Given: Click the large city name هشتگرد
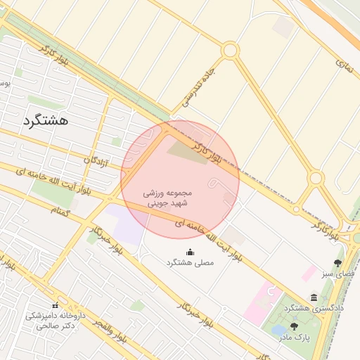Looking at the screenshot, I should click(46, 120).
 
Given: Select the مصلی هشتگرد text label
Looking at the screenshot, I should click(190, 262).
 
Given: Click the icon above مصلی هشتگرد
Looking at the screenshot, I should click(190, 251).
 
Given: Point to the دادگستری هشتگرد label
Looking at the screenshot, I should click(314, 309).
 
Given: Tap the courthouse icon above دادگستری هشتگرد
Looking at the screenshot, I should click(314, 297).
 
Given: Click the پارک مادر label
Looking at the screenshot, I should click(294, 337).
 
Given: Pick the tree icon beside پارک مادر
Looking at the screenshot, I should click(294, 326).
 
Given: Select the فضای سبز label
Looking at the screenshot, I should click(338, 274).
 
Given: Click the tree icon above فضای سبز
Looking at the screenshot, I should click(338, 263).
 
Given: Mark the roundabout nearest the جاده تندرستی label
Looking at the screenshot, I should click(230, 50).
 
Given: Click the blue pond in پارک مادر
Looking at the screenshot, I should click(280, 328).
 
